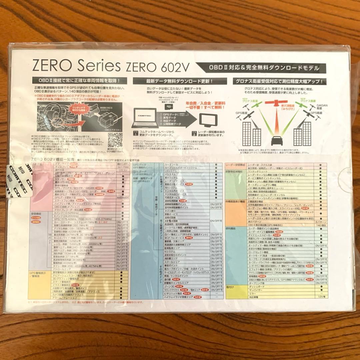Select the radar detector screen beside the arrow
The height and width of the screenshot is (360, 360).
pyautogui.click(x=210, y=119)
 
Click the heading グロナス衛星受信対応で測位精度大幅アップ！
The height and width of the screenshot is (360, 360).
pyautogui.click(x=276, y=81)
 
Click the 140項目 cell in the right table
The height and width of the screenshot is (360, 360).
pyautogui.click(x=320, y=225)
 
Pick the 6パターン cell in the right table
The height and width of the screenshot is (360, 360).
pyautogui.click(x=320, y=222)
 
